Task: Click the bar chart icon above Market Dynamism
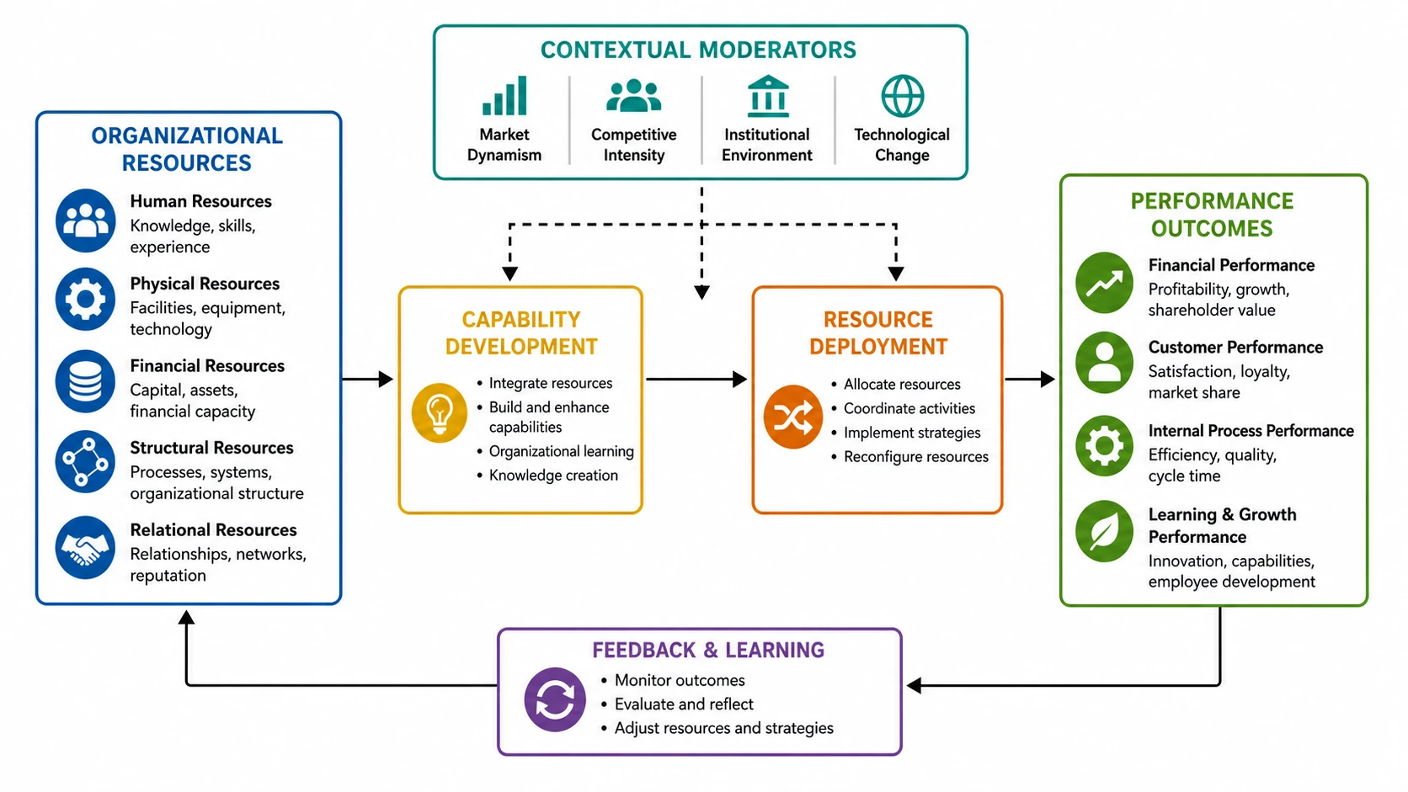pos(504,95)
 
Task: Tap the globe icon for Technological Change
pos(902,96)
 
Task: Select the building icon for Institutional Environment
pos(767,96)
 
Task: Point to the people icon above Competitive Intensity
pos(633,95)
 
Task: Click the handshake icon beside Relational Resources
pos(86,547)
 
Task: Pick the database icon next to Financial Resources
pos(86,381)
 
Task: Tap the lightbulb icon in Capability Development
pos(440,412)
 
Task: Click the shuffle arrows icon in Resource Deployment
pos(792,417)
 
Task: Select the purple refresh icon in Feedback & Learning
pos(555,699)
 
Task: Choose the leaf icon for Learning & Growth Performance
pos(1104,531)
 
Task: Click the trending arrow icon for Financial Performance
pos(1104,283)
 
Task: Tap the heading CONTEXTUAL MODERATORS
pos(698,50)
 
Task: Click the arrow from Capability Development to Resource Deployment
pos(696,380)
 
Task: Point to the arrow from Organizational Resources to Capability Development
pos(368,380)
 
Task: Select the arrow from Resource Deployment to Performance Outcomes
pos(1030,380)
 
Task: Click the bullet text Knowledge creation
pos(553,476)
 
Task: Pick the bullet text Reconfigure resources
pos(916,457)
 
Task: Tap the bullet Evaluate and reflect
pos(684,704)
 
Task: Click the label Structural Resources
pos(212,448)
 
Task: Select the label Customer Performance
pos(1235,348)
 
